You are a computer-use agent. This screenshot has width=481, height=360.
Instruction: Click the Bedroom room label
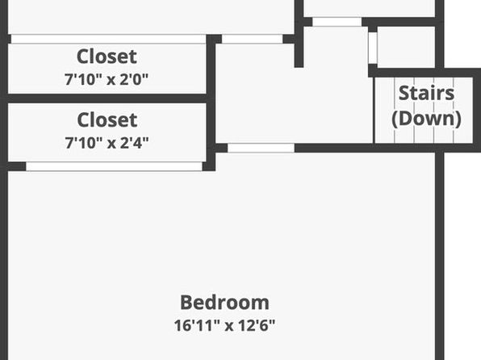coord(224,303)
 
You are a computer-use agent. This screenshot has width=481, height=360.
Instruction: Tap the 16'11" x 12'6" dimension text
coord(224,325)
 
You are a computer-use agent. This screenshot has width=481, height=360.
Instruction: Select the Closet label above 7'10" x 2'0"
coord(107,57)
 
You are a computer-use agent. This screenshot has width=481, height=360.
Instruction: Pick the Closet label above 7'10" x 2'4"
coord(107,119)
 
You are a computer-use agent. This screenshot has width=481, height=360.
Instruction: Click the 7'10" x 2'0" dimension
coord(107,79)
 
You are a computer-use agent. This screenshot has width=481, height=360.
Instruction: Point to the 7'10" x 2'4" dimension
coord(107,143)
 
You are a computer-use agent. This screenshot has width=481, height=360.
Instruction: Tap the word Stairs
coord(426,93)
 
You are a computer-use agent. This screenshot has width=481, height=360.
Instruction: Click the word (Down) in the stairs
coord(426,119)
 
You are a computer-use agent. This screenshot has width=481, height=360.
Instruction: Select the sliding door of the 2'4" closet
coord(114,166)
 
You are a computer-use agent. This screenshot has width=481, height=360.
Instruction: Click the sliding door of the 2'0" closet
coord(108,39)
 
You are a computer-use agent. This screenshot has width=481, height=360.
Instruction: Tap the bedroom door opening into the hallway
coord(261,148)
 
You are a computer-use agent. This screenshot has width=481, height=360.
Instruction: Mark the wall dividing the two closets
coord(107,98)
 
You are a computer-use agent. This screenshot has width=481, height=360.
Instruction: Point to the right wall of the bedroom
coord(440,256)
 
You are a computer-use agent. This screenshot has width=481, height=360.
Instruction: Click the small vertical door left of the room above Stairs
coord(373,48)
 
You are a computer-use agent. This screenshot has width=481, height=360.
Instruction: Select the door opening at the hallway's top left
coord(252,39)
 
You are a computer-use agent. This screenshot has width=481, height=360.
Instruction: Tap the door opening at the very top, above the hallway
coord(337,22)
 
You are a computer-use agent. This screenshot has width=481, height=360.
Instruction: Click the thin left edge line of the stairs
coord(374,110)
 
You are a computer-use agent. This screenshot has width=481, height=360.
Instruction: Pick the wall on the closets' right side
coord(211,103)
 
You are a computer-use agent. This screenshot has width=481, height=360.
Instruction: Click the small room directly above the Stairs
coord(406,47)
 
